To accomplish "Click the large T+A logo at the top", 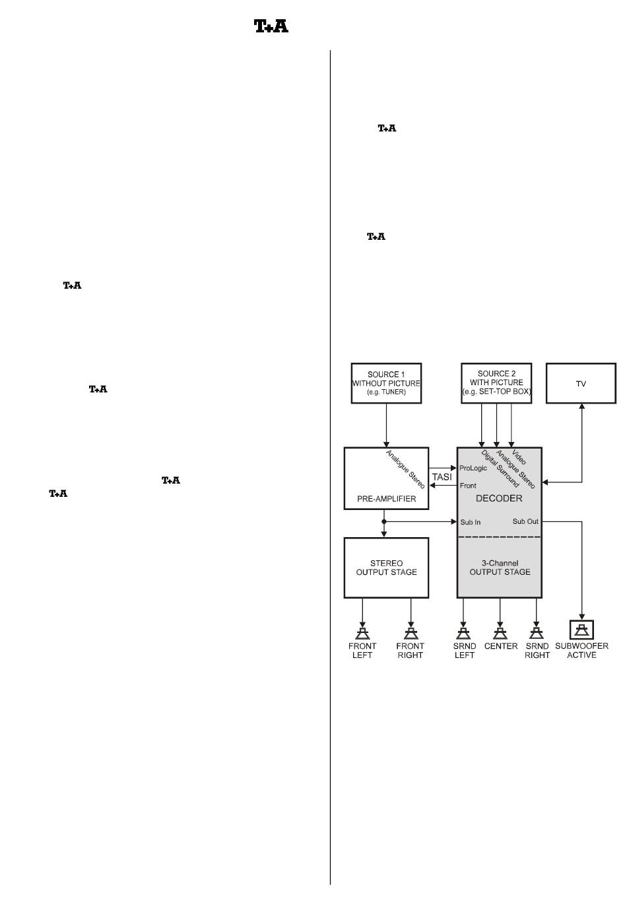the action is point(271,26).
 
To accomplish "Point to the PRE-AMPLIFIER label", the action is point(387,499).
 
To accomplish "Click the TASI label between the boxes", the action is point(442,477).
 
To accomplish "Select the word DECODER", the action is point(499,498).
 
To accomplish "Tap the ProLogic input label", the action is point(473,468).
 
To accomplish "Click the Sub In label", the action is point(471,522).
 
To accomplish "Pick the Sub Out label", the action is point(525,521).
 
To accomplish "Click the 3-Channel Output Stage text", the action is point(500,568).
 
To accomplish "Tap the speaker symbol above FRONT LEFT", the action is point(362,632).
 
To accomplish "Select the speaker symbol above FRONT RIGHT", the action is point(411,632).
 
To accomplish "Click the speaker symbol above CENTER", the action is point(500,632).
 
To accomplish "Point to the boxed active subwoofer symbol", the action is point(581,630).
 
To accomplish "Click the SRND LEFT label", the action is point(465,651).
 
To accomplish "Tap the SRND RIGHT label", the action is point(537,651).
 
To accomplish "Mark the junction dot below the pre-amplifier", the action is point(384,521).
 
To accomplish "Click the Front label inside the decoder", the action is point(468,486).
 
